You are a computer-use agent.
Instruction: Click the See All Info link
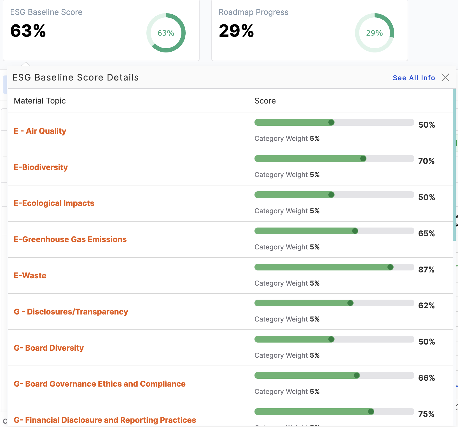click(x=413, y=78)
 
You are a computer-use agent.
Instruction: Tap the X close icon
click(x=445, y=77)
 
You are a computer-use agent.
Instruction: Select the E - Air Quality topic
click(x=40, y=131)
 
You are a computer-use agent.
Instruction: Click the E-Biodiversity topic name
click(x=41, y=167)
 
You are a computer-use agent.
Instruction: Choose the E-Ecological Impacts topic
click(x=54, y=203)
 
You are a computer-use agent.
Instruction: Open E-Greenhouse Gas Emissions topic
click(x=70, y=239)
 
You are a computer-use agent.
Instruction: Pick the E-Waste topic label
click(x=30, y=276)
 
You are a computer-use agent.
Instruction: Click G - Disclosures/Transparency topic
click(x=71, y=312)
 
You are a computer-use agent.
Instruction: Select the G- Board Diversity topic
click(x=49, y=348)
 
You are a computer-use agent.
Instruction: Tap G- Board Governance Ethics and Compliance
click(x=100, y=384)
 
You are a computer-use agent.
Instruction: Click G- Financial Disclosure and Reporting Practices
click(x=105, y=420)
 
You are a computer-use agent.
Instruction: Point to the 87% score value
click(x=426, y=270)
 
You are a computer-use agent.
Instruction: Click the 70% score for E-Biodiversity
click(x=426, y=161)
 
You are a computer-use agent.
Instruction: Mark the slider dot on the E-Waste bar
click(x=390, y=267)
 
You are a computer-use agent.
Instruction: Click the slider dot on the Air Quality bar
click(x=331, y=122)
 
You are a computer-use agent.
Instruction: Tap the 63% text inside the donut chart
click(x=166, y=33)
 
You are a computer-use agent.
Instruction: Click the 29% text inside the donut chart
click(x=375, y=33)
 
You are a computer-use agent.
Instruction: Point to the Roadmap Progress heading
click(x=253, y=12)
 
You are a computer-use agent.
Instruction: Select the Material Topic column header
click(x=40, y=101)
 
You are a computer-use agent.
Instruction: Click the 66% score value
click(x=426, y=378)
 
